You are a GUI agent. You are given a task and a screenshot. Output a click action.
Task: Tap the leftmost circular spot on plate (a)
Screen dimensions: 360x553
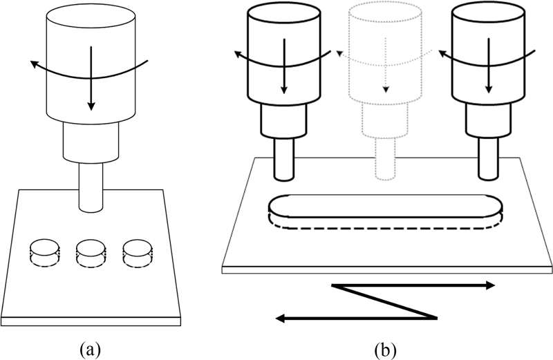click(x=46, y=252)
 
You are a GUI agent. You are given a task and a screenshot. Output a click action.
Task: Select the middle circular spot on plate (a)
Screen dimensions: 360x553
click(x=91, y=252)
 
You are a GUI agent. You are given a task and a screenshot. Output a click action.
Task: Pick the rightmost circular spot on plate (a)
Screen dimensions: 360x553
click(x=136, y=252)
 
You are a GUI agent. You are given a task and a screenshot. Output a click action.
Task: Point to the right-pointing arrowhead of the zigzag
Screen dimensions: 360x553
click(x=490, y=285)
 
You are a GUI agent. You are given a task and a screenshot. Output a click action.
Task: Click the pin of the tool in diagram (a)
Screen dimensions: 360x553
click(x=91, y=186)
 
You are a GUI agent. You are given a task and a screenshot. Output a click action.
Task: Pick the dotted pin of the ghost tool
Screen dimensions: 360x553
click(x=386, y=162)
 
